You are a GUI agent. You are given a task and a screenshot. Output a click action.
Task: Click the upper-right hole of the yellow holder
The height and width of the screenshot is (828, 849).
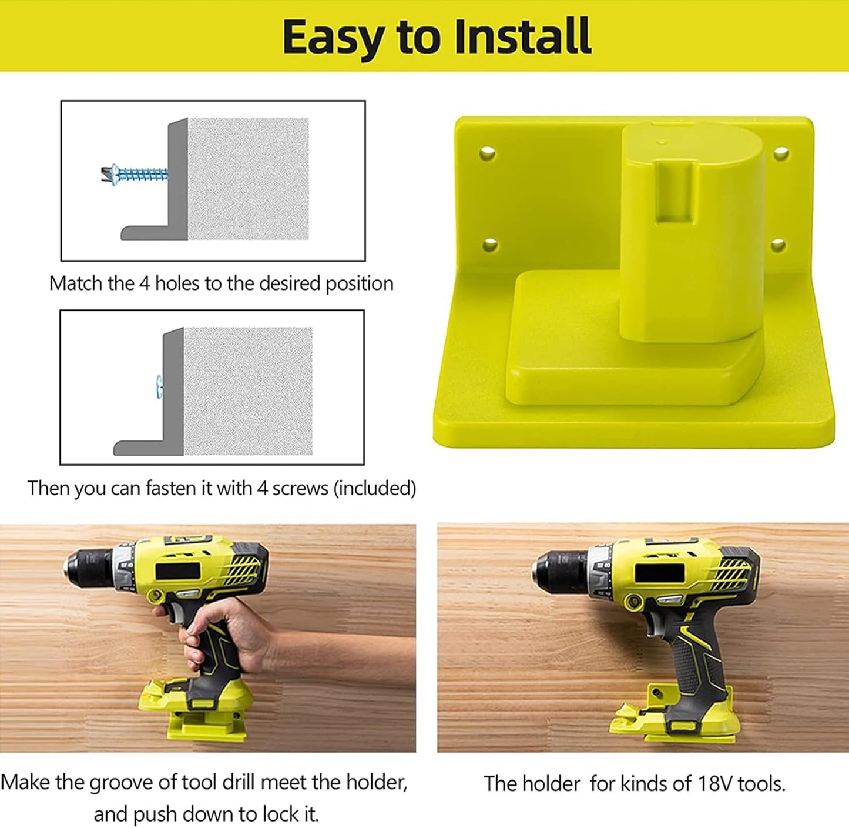(780, 153)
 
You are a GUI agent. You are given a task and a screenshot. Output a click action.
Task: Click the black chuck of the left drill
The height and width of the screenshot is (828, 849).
(88, 569)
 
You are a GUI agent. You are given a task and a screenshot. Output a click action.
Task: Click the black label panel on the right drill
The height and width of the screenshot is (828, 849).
(660, 572)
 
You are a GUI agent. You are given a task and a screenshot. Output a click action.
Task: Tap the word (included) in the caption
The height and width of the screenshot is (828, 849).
(374, 488)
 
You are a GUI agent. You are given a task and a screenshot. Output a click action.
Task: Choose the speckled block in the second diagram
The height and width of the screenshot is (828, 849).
(247, 391)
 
